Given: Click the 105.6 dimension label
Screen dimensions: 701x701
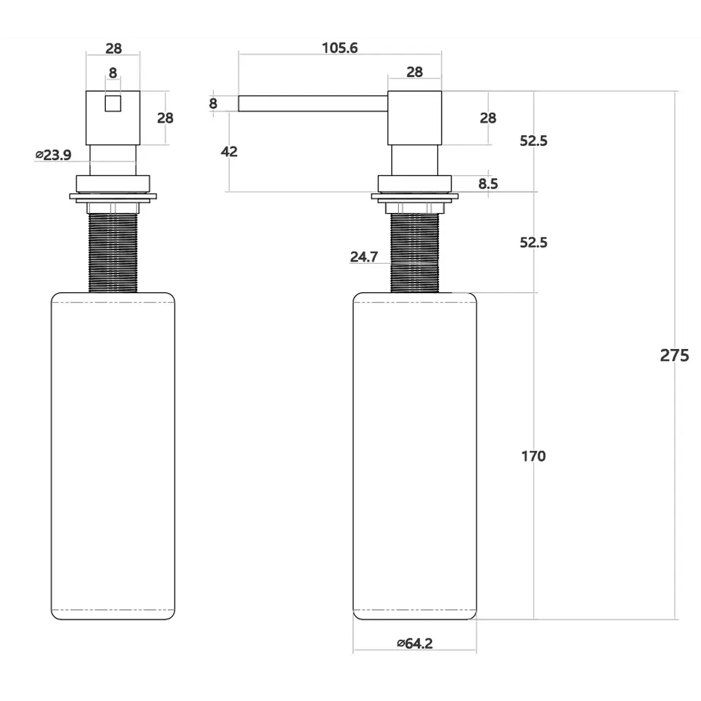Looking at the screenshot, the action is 340,48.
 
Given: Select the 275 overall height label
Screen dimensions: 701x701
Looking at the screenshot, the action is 674,355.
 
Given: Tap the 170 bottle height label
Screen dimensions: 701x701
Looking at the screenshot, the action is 533,456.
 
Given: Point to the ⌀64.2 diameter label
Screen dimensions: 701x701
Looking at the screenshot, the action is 415,644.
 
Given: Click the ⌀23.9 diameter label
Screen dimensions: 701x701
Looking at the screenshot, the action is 53,155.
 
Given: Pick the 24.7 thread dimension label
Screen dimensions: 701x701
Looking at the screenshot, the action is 364,257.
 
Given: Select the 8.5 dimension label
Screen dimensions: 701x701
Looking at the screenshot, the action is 488,184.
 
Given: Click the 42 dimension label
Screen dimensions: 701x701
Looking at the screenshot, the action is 229,151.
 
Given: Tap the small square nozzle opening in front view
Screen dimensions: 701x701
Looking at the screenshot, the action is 113,103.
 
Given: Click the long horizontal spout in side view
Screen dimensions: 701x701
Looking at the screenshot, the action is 313,103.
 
